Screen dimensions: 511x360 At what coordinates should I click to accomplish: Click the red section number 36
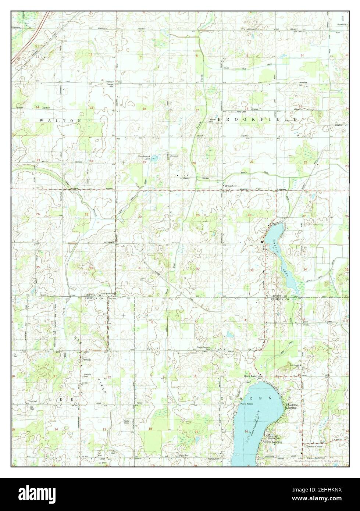91,268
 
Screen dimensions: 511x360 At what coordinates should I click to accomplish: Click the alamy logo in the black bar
37,495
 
